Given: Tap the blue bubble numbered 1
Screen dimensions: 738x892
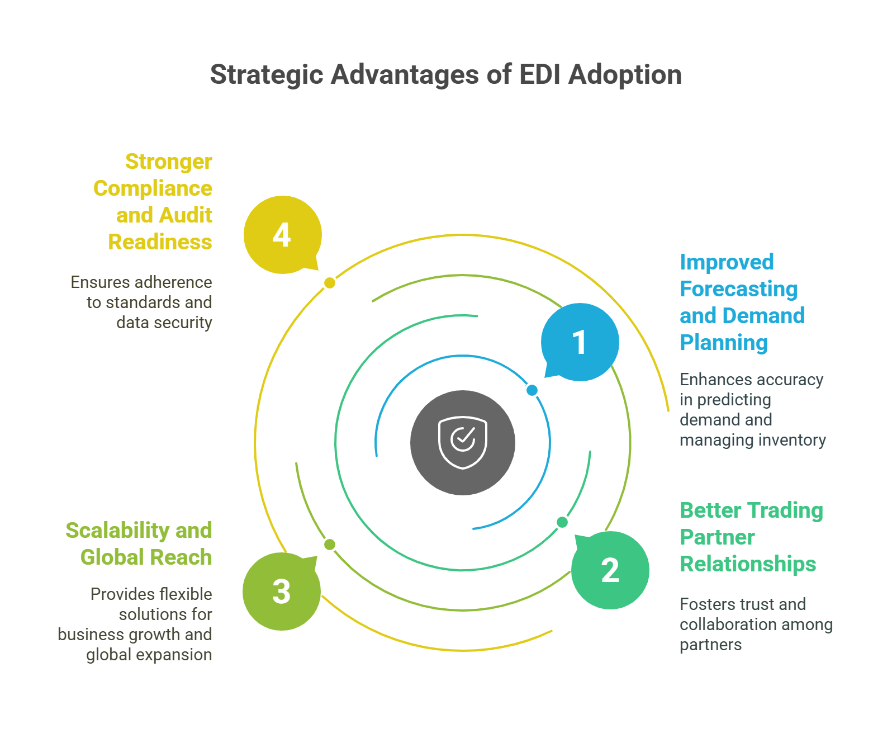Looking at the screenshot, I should [580, 342].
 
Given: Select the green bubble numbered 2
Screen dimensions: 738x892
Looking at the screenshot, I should [610, 570].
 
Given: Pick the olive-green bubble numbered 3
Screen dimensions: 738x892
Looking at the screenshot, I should [282, 592].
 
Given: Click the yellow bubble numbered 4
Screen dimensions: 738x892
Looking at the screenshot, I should [282, 235].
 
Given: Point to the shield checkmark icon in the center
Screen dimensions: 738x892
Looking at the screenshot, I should [463, 442].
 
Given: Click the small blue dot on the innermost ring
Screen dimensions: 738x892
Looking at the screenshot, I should [532, 390].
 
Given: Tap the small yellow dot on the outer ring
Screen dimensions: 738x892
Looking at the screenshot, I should [330, 283].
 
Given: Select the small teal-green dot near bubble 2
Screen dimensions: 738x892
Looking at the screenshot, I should [562, 522].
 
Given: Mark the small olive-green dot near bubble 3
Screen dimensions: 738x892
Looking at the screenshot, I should [330, 544].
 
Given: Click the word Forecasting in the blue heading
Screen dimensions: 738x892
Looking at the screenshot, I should [738, 289].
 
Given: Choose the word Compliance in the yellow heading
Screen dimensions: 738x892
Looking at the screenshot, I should [153, 188].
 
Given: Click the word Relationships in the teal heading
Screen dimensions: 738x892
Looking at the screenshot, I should [748, 564].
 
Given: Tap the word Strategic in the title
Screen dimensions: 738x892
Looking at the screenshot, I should [266, 75].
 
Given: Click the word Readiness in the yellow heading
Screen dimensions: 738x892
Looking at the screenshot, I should [160, 242].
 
